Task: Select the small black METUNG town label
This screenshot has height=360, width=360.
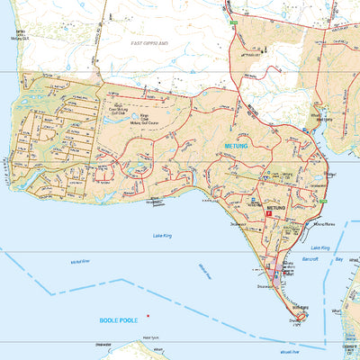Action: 275,208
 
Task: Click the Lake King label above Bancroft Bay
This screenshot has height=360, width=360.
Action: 320,247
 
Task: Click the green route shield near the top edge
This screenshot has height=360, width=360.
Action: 232,19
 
